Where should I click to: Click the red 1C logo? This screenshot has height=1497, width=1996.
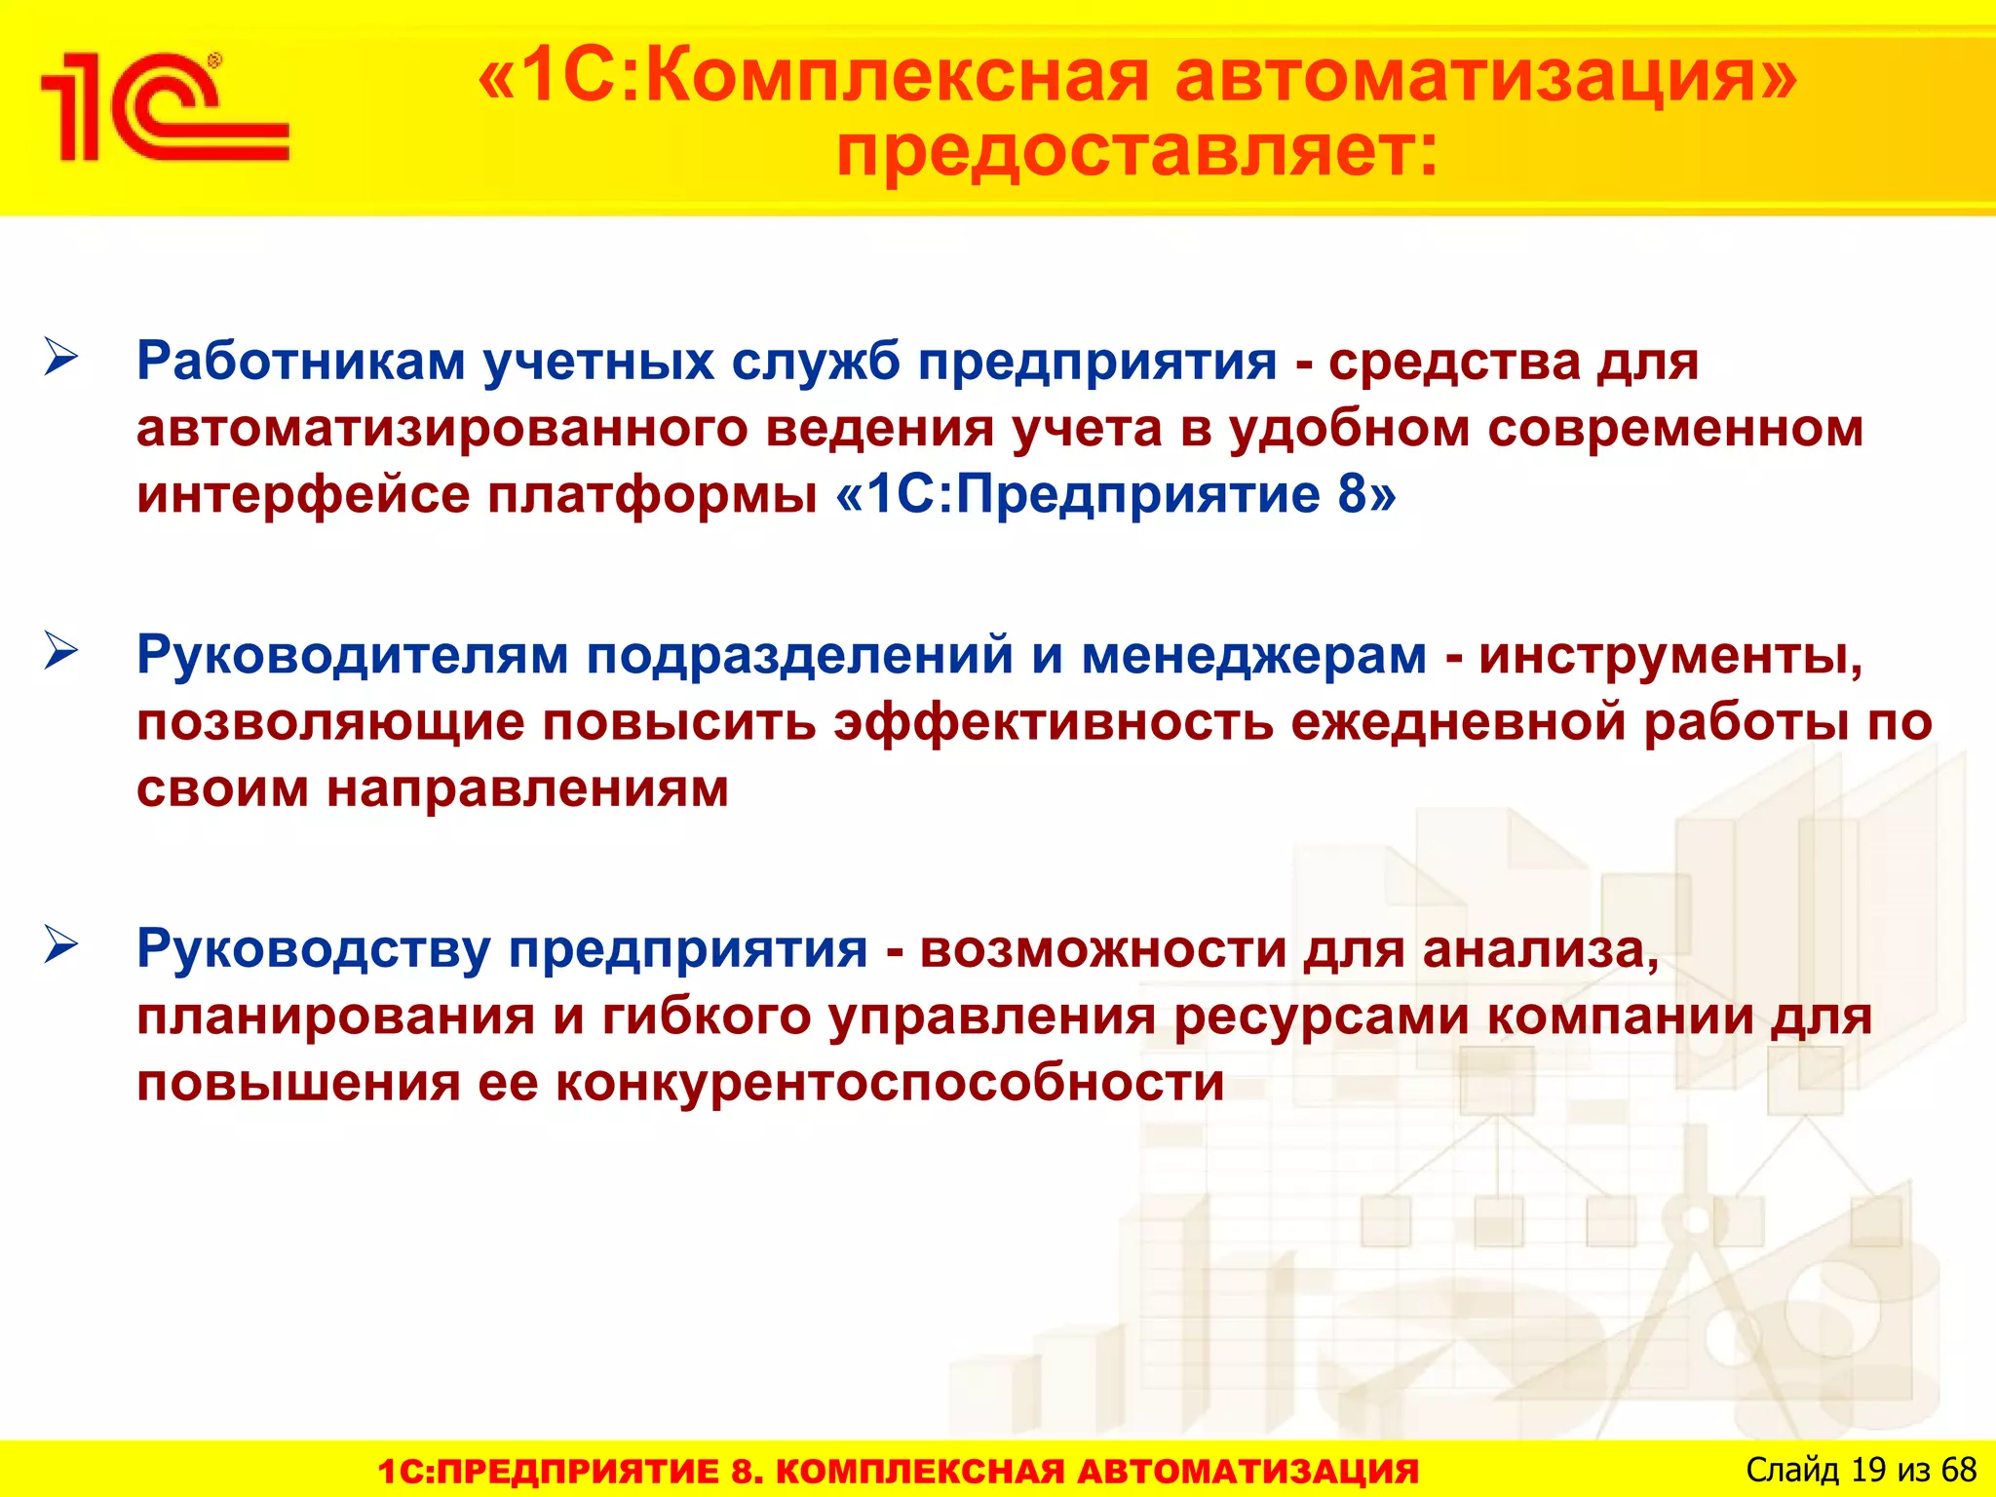[x=164, y=107]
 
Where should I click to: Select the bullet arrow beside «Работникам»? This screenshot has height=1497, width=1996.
[x=60, y=358]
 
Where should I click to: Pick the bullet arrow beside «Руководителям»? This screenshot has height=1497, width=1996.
[x=60, y=652]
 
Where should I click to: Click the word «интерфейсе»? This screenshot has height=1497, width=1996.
[x=302, y=495]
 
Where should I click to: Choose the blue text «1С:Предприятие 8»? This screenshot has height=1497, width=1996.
[x=1115, y=495]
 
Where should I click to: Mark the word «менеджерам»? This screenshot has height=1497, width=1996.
[x=1253, y=655]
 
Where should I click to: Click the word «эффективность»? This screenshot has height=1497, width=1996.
[x=1054, y=723]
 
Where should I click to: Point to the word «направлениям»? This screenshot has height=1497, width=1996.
[x=527, y=789]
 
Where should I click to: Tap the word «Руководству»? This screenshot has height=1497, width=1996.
[x=314, y=950]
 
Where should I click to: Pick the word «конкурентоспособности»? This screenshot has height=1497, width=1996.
[x=890, y=1083]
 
